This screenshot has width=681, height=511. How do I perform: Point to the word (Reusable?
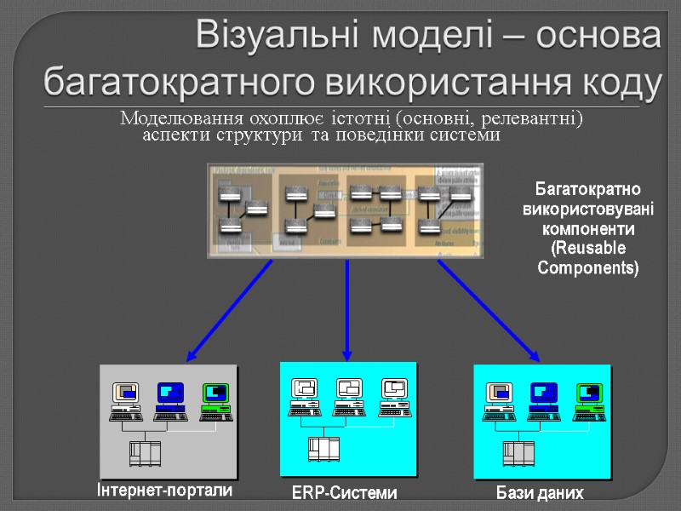tap(587, 249)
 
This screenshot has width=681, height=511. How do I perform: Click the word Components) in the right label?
tap(587, 267)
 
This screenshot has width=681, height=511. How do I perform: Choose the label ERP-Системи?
tap(344, 493)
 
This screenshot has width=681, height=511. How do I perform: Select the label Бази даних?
tap(541, 494)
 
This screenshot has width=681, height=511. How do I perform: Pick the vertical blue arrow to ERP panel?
tap(347, 309)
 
